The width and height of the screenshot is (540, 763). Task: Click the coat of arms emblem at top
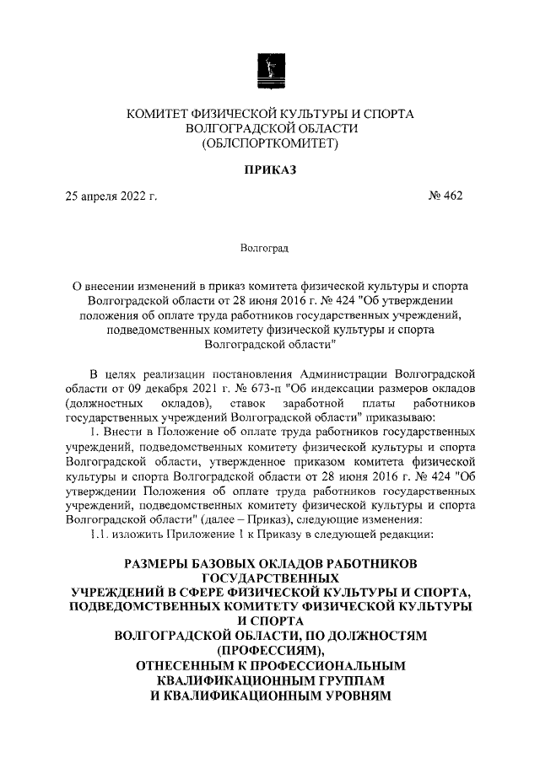(x=269, y=69)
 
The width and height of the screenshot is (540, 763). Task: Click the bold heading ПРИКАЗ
(x=269, y=170)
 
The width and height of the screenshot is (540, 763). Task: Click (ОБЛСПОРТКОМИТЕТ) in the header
(x=269, y=144)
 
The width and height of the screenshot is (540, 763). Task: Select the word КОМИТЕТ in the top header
(x=160, y=113)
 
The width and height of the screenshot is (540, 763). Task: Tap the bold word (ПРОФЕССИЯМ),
(x=269, y=650)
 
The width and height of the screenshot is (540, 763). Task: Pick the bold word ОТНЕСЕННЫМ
(x=195, y=665)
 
